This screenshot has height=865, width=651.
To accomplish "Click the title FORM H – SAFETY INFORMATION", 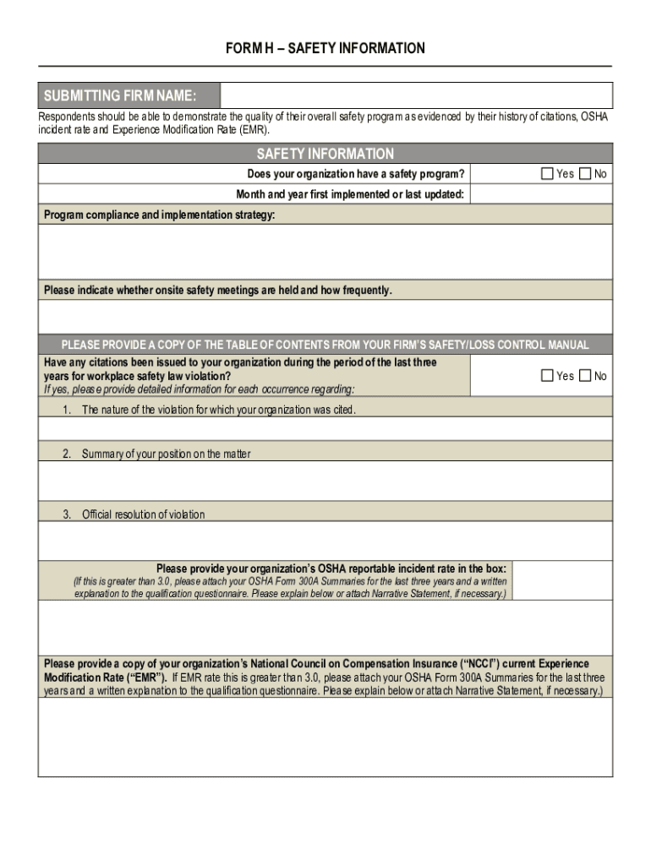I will (325, 48).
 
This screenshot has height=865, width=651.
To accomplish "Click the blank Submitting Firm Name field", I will (416, 95).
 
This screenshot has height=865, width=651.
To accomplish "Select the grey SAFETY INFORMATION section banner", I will (325, 154).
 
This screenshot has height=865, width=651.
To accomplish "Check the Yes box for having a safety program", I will (547, 174).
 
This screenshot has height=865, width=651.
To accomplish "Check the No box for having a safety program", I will (585, 174).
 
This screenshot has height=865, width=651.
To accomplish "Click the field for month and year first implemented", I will (541, 195).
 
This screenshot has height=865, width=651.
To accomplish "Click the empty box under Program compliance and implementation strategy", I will (325, 251).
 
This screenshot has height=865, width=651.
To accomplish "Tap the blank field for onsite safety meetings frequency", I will (325, 317).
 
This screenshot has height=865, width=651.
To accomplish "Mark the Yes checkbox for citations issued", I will (547, 376).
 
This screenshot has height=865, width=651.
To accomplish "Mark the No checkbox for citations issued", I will (585, 376).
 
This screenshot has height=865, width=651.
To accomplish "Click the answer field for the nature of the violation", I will (325, 429).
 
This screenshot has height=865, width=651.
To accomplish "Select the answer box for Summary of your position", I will (325, 481).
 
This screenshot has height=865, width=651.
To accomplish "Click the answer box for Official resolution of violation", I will (325, 541).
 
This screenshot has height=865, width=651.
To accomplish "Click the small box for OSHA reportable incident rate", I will (562, 580).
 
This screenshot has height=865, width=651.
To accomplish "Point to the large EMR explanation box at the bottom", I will (325, 738).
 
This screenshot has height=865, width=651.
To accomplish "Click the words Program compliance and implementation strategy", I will (160, 215).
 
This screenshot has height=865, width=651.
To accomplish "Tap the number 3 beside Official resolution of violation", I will (66, 514).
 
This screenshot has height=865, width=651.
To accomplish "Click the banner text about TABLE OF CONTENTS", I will (325, 345).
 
